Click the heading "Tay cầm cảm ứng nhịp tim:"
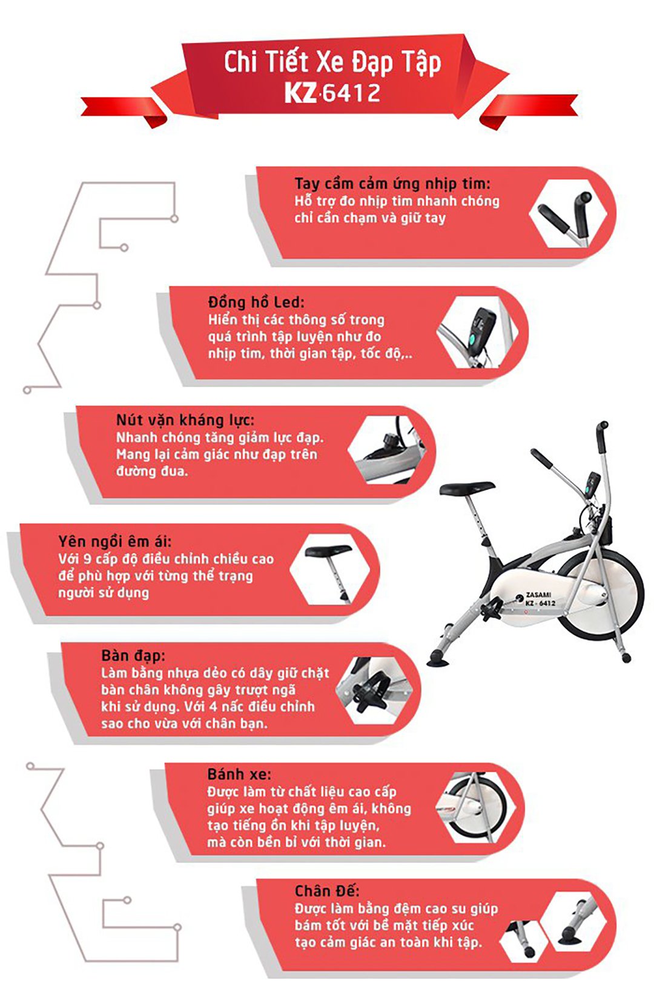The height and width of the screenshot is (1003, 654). click(392, 184)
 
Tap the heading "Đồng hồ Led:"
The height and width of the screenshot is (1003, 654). click(256, 302)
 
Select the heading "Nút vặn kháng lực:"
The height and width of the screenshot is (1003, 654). click(185, 421)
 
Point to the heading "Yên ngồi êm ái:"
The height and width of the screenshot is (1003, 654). click(115, 542)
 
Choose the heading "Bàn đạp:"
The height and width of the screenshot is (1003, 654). click(133, 656)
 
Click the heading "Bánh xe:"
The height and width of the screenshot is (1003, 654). click(239, 774)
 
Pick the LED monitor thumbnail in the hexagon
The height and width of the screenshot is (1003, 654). click(478, 332)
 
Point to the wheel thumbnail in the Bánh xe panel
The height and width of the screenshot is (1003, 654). click(476, 807)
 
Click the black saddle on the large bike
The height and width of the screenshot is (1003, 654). click(467, 488)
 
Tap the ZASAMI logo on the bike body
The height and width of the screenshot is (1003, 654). click(538, 595)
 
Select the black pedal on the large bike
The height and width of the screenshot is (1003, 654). click(492, 608)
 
